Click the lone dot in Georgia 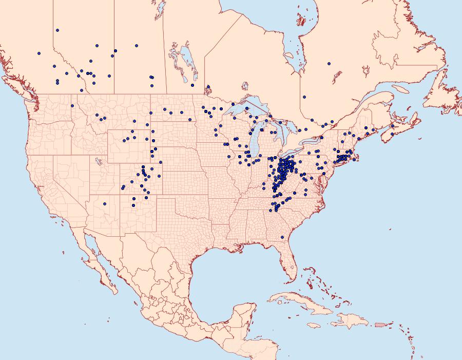[282, 237]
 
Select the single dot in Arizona [104, 204]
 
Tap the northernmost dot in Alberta [57, 30]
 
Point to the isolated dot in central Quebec [329, 64]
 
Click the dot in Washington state [72, 106]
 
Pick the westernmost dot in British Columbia [38, 53]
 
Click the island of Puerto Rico [380, 325]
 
